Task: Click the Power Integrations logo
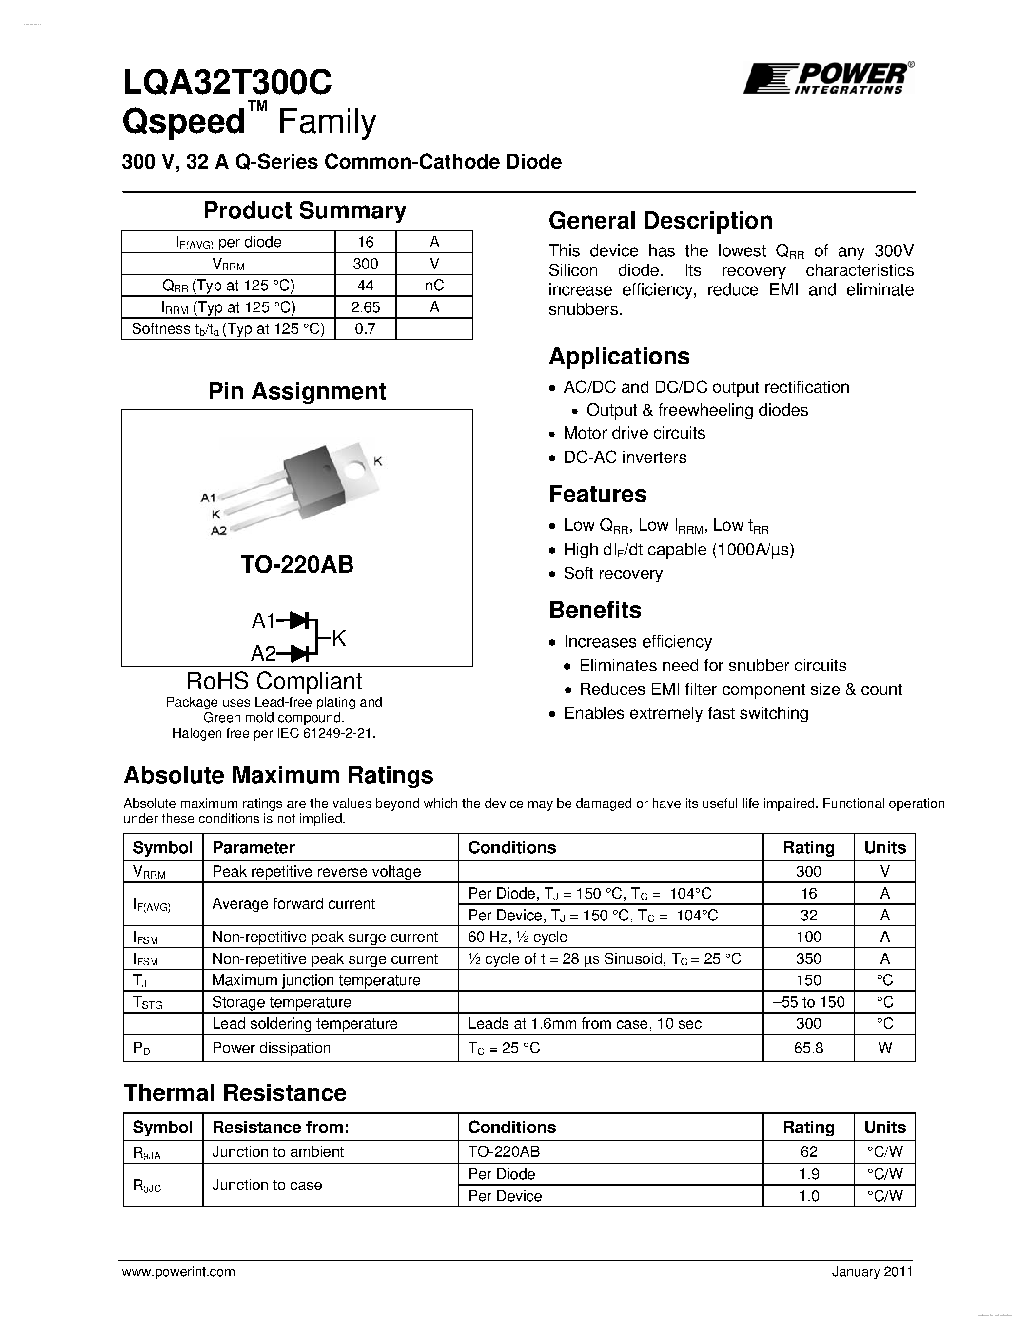[827, 78]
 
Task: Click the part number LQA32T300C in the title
[227, 81]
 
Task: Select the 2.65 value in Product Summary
[365, 307]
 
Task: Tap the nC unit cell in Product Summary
[434, 286]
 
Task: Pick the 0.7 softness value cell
[365, 329]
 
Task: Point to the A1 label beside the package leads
[209, 498]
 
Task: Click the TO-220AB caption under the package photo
[297, 564]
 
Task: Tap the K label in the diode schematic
[339, 638]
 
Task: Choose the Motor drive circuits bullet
[634, 433]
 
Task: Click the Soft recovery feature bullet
[612, 573]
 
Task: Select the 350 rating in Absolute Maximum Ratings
[808, 958]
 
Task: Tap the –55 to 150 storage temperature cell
[808, 1002]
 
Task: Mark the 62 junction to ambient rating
[808, 1151]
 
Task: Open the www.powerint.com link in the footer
[178, 1272]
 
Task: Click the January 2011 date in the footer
[872, 1272]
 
